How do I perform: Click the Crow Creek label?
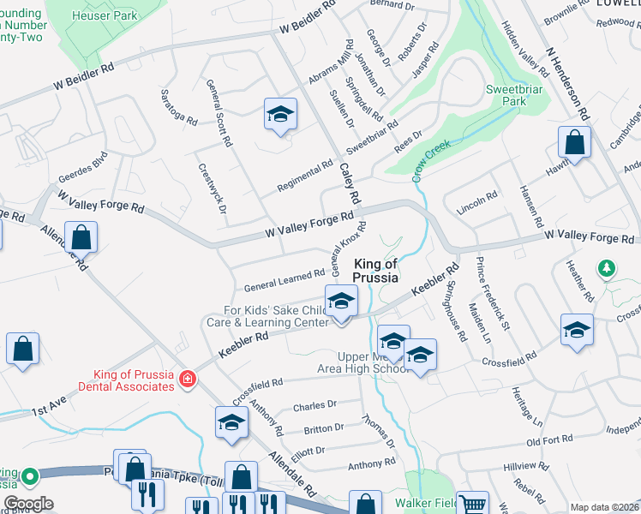[430, 160]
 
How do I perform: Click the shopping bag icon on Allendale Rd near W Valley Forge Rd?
[81, 239]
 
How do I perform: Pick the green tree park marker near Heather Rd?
[607, 270]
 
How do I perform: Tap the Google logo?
[29, 505]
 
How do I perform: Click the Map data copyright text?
[603, 507]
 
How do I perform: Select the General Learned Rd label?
[284, 279]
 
